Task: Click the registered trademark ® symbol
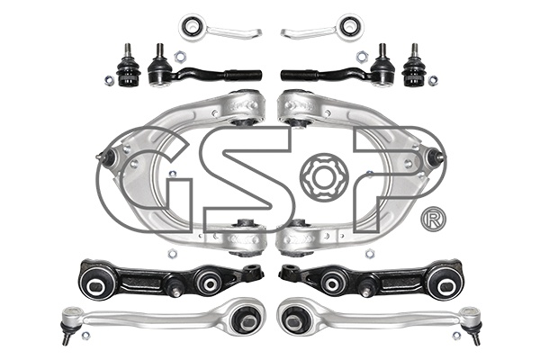click(433, 219)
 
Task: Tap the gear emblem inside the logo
click(324, 178)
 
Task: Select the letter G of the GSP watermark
click(145, 179)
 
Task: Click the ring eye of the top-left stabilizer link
click(191, 27)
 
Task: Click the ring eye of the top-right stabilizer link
click(351, 26)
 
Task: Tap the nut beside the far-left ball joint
click(109, 80)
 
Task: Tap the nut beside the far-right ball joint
click(433, 80)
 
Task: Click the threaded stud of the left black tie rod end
click(159, 51)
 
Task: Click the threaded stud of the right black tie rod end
click(382, 51)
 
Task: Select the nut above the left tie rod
click(178, 56)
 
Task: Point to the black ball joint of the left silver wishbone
click(107, 157)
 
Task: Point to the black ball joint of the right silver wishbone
click(435, 156)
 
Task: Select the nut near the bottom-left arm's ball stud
click(85, 335)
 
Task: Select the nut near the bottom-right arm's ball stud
click(456, 335)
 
